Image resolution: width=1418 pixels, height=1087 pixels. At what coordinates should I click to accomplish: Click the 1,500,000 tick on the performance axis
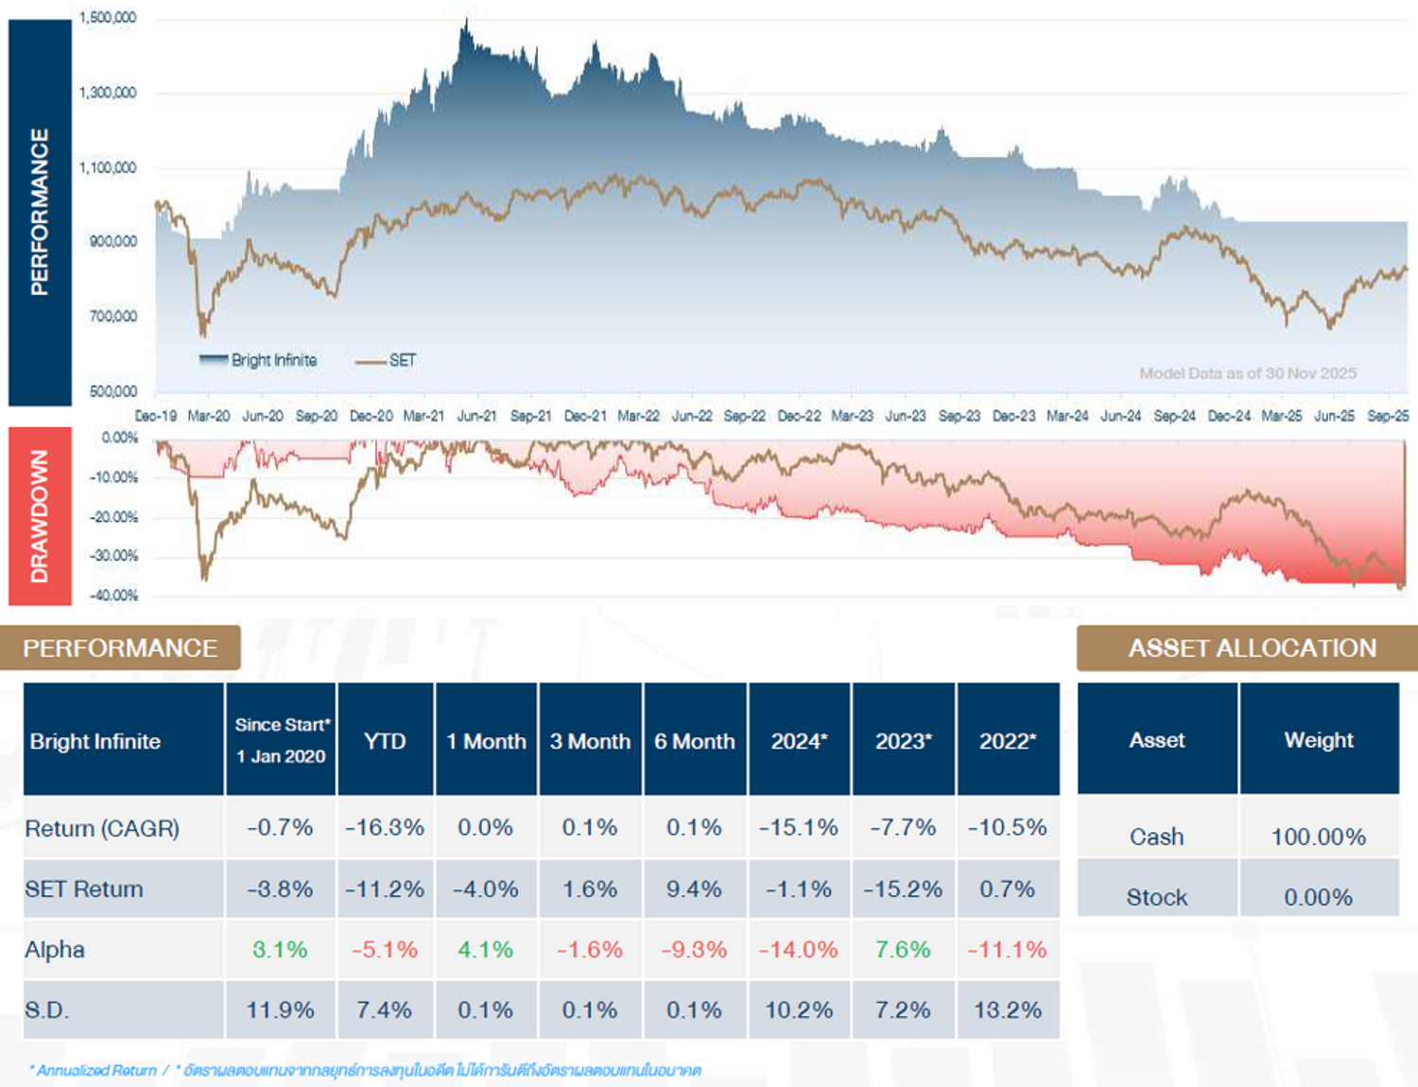[108, 18]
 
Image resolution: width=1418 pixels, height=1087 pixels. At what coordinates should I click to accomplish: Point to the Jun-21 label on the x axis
[476, 416]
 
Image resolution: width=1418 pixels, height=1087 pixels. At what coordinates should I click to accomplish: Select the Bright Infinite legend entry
[259, 360]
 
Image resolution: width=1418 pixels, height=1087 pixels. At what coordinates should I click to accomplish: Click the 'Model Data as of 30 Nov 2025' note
[1247, 373]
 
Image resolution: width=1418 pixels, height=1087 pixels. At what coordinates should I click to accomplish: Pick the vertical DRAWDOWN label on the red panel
[40, 516]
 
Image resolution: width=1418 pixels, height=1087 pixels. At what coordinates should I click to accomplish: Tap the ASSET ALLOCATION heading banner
[1252, 648]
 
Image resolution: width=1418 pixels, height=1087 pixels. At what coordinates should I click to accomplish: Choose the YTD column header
[385, 741]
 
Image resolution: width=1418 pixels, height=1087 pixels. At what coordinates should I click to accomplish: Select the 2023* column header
[903, 741]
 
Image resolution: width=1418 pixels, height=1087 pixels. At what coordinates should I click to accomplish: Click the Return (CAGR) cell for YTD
[385, 828]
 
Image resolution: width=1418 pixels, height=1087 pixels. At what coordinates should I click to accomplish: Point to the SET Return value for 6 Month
[694, 889]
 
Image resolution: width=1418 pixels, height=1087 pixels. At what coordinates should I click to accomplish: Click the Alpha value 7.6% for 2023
[903, 950]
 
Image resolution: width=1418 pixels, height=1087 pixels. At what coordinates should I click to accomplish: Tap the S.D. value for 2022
[1008, 1010]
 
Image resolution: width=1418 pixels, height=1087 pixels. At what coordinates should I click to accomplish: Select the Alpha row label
[55, 950]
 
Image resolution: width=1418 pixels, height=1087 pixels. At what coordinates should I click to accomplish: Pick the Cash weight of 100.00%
[1318, 837]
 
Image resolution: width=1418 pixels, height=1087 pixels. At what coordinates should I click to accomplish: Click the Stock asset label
[1156, 897]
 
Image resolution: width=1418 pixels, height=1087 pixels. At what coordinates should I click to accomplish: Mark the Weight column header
[1318, 740]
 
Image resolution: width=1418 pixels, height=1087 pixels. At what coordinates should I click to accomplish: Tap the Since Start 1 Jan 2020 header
[282, 740]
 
